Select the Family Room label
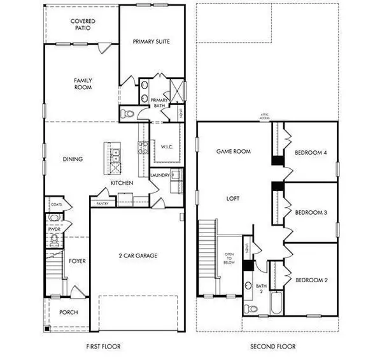[83, 84]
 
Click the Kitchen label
[122, 183]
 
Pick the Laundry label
[159, 175]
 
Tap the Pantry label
[102, 204]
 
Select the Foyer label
[78, 261]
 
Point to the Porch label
[68, 312]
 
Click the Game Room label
[234, 152]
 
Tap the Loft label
[232, 198]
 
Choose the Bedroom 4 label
[311, 152]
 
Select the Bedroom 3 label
[311, 212]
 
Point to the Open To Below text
[229, 257]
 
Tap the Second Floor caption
[270, 346]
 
